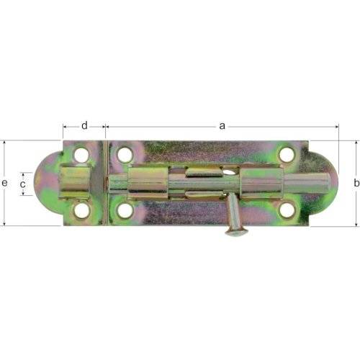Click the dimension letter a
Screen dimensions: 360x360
coord(222,126)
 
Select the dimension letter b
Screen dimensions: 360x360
coord(355,184)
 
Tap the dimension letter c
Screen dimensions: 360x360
coord(23,184)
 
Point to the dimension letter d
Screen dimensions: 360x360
coord(84,126)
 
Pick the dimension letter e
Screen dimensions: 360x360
coord(5,184)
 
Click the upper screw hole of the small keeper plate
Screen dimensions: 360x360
coord(81,155)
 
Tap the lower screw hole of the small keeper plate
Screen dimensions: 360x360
coord(81,210)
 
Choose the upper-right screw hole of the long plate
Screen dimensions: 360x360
coord(287,154)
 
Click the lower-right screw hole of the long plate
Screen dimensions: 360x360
coord(287,210)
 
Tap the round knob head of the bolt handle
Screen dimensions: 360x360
coord(235,231)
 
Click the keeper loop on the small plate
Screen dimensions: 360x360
coord(75,182)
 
